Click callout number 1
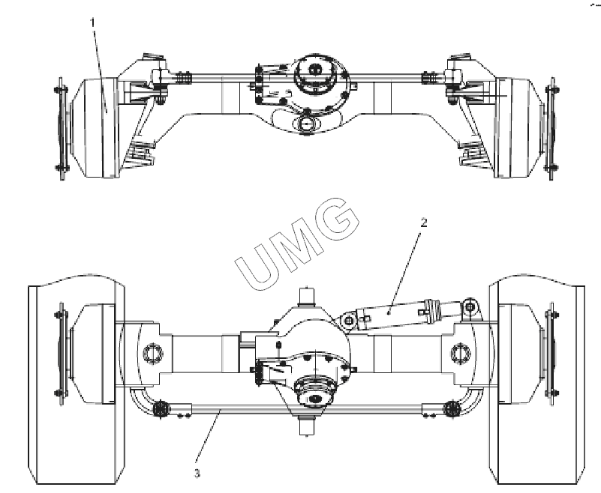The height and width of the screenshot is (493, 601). tap(92, 22)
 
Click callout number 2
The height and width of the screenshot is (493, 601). tap(423, 223)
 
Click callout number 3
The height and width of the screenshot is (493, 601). tap(197, 474)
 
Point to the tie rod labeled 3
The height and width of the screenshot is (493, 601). tap(307, 410)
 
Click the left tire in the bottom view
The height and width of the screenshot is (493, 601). tap(77, 379)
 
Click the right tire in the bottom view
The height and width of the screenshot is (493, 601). tap(536, 379)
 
